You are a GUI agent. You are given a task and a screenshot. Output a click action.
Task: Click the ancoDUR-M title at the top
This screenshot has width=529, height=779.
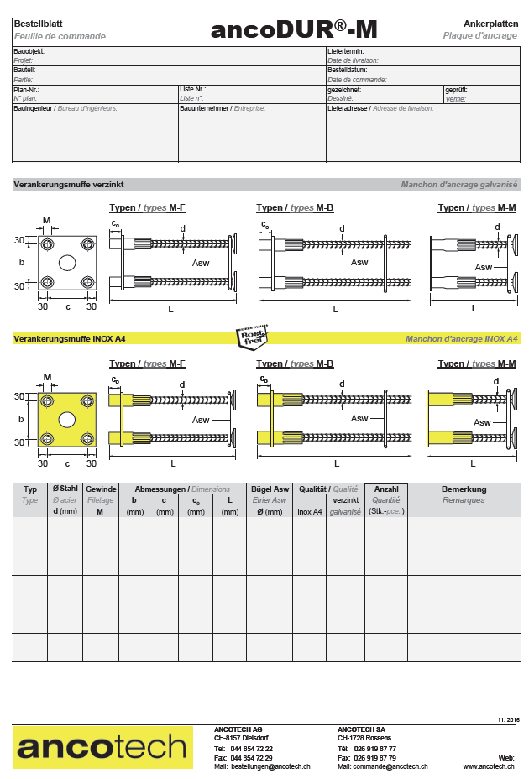coord(294,30)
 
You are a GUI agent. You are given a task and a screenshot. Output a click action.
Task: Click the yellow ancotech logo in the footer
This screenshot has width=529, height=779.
coord(102,747)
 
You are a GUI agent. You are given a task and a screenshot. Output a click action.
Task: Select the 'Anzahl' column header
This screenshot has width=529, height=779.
coord(386,489)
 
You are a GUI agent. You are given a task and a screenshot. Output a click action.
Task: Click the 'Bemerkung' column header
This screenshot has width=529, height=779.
coord(464,489)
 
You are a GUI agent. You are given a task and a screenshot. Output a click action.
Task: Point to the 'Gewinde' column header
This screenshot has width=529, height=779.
coord(101,489)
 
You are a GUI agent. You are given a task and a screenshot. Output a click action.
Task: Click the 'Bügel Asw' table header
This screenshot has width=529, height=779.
coord(270,489)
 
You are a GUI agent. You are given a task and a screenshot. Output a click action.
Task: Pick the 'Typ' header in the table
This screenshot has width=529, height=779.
coord(30,489)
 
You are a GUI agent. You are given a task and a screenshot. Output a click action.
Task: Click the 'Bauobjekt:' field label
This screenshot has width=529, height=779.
coord(29,51)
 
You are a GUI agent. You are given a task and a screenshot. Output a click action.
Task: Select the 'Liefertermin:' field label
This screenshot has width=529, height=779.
coord(344,51)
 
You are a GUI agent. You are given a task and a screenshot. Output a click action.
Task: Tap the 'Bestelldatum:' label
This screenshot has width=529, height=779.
coord(348,70)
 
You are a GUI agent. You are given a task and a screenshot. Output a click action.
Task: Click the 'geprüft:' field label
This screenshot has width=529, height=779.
coord(456,89)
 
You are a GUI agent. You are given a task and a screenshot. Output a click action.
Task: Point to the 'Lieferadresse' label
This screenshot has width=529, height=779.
coord(348,108)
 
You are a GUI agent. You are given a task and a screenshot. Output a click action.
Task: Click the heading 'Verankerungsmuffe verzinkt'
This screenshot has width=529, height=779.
coord(69,185)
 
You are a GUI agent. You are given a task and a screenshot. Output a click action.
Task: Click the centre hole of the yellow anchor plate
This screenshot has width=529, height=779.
coord(67,418)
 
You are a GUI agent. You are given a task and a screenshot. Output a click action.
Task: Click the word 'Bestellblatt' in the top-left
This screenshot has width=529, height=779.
coord(38,24)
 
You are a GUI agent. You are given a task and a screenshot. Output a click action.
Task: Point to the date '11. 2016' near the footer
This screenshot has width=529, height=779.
coord(508,719)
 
